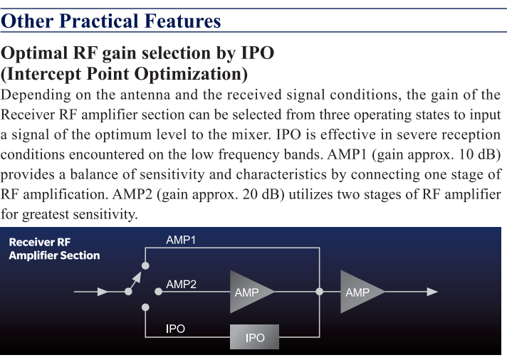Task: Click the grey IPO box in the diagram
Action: (254, 337)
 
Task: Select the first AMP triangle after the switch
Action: (249, 292)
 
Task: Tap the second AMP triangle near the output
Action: (360, 292)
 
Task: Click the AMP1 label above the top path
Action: (181, 240)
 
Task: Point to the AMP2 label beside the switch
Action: (181, 285)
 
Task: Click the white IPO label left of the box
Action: (175, 329)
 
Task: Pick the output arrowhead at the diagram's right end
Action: (432, 292)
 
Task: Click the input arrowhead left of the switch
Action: (103, 292)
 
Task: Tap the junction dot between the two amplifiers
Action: (320, 292)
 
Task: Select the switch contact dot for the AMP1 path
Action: (145, 265)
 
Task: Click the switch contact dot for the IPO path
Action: (145, 307)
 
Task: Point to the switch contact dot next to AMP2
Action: (158, 292)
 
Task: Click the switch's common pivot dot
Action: (128, 292)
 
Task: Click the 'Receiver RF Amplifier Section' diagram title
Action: (54, 249)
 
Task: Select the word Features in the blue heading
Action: (183, 21)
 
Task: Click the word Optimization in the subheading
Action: (191, 74)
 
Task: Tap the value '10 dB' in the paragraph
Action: (477, 154)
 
